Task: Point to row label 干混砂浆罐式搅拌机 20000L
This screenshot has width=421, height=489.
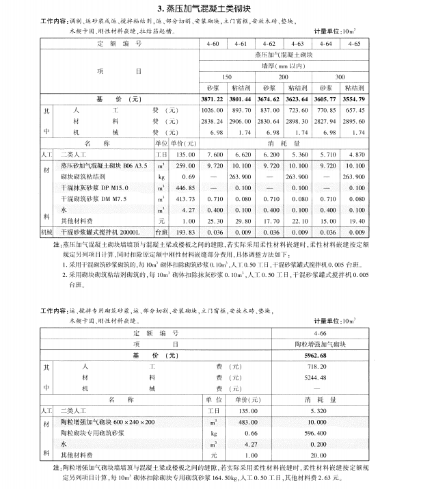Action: tap(92, 232)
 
